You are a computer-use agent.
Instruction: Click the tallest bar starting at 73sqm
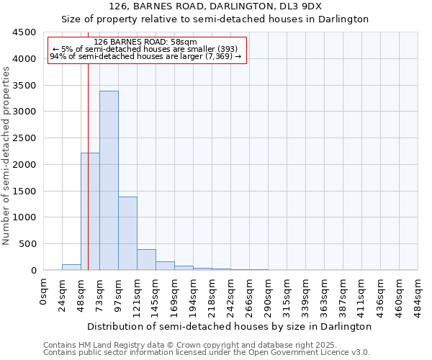tap(109, 180)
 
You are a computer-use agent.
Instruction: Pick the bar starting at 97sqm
tap(127, 233)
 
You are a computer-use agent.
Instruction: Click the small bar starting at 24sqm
tap(71, 267)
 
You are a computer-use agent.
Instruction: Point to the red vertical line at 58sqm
tap(88, 144)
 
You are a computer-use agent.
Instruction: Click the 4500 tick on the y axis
tap(24, 32)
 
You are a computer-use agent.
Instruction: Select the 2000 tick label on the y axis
tap(24, 165)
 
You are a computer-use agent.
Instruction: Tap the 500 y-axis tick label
tap(27, 244)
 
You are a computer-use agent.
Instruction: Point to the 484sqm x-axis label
tap(418, 295)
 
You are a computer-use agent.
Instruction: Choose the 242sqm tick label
tap(231, 295)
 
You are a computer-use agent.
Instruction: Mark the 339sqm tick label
tap(306, 295)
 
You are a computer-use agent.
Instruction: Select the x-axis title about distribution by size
tap(230, 326)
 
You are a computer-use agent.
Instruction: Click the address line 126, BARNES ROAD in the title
tap(215, 6)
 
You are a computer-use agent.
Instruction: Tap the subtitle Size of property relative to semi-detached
tap(215, 19)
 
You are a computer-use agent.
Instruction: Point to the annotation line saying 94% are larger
tap(145, 56)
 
